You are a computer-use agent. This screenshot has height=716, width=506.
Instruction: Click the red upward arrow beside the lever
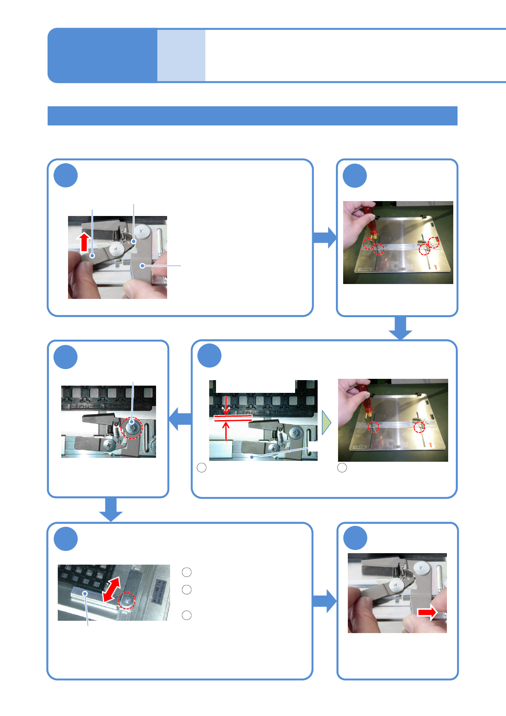tap(84, 242)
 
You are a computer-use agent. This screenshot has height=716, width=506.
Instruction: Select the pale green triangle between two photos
tap(326, 423)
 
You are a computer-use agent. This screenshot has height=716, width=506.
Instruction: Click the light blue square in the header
tap(181, 55)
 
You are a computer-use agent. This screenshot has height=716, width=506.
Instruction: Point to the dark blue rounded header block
tap(102, 55)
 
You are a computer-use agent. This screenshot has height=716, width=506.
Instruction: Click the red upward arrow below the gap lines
tap(226, 431)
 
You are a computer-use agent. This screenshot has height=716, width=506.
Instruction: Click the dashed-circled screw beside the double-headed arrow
tap(127, 600)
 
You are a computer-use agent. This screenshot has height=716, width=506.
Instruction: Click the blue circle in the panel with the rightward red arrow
tap(355, 538)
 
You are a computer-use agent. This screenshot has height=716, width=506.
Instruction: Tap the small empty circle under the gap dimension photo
tap(202, 468)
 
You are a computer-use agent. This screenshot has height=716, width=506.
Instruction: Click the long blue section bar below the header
tap(252, 116)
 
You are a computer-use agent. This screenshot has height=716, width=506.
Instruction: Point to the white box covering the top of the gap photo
tap(255, 386)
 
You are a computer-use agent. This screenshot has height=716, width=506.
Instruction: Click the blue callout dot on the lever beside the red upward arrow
tap(92, 256)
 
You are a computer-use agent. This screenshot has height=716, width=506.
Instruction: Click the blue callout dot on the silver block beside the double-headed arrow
tap(85, 594)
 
